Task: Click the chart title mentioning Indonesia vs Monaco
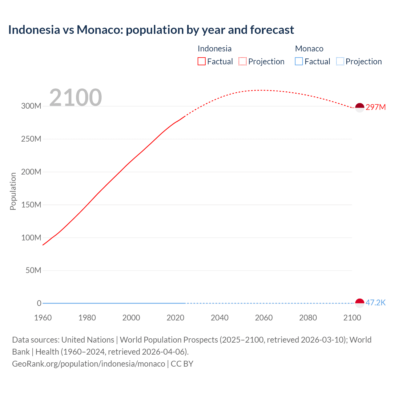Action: click(x=151, y=30)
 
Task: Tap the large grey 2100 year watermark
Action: click(x=75, y=98)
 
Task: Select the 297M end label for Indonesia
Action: click(x=376, y=107)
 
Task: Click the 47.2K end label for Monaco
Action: click(x=376, y=303)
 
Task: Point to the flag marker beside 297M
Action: click(x=360, y=107)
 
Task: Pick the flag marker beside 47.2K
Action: click(x=360, y=303)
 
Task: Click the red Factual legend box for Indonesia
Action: click(x=202, y=62)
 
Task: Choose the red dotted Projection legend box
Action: click(x=243, y=62)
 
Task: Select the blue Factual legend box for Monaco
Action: click(x=299, y=62)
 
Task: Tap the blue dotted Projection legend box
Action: click(x=340, y=62)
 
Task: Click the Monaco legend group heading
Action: click(x=309, y=49)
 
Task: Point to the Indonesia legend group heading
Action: click(x=215, y=49)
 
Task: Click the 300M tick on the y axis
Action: click(x=31, y=106)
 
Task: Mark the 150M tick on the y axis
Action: click(x=31, y=205)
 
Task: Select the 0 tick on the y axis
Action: click(x=39, y=303)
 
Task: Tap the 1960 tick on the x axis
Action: click(x=43, y=318)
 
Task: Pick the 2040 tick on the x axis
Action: click(x=219, y=318)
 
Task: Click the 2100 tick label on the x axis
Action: click(x=352, y=318)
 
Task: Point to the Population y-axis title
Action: click(x=13, y=191)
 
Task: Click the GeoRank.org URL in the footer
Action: click(x=89, y=364)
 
